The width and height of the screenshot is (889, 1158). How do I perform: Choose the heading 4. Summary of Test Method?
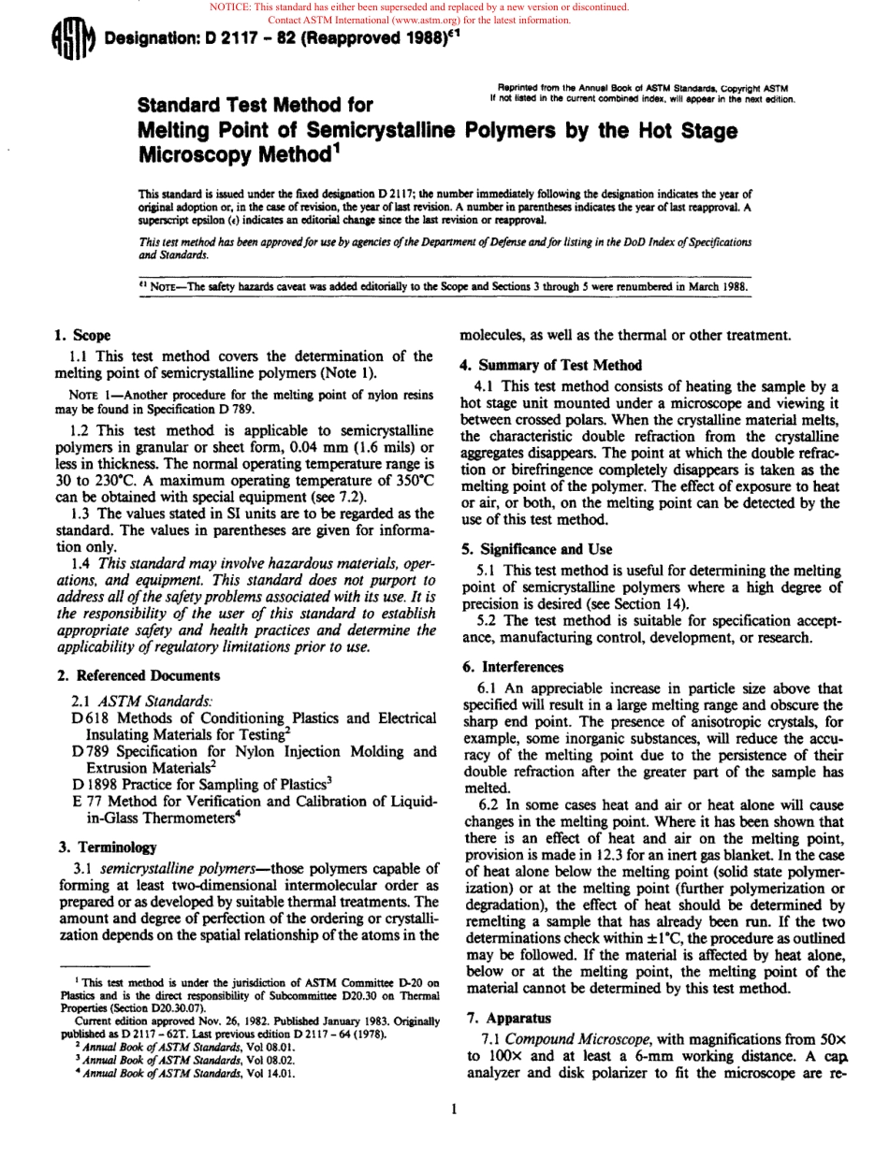point(552,365)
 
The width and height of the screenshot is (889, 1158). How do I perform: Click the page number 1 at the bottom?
point(452,1109)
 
